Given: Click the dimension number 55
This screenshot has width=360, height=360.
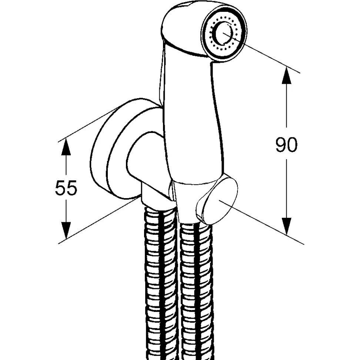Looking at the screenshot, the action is pyautogui.click(x=66, y=187).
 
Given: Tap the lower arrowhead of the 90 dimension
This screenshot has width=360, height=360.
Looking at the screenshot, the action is pyautogui.click(x=286, y=226).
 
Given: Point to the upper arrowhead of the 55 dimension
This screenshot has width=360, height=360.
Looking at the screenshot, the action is pyautogui.click(x=66, y=147).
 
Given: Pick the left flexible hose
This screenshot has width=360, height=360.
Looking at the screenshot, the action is pyautogui.click(x=161, y=282).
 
